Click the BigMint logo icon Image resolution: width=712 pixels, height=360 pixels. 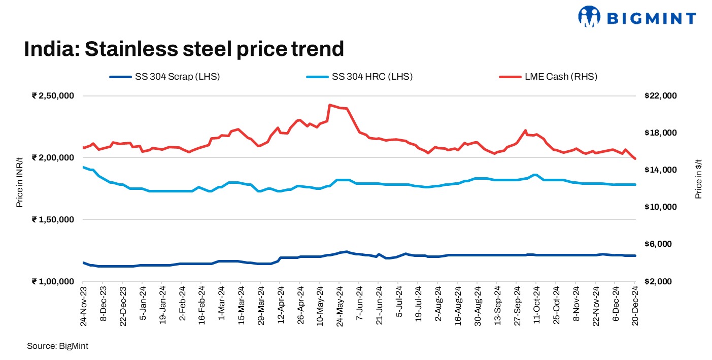click(589, 16)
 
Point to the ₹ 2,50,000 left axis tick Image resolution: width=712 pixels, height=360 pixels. click(53, 96)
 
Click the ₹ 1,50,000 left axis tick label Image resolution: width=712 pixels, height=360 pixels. click(53, 219)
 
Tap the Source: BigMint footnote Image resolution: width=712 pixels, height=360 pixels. click(58, 346)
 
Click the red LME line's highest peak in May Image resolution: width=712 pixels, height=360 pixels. click(329, 105)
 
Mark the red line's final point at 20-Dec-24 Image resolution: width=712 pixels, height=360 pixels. click(635, 159)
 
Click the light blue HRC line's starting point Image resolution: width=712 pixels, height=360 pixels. click(83, 167)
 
